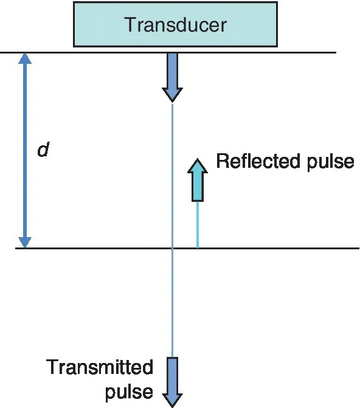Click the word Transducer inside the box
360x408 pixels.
pos(175,25)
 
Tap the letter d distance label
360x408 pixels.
pos(43,149)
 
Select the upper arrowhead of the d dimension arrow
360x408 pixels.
pos(24,59)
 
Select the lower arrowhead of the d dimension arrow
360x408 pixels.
pos(24,241)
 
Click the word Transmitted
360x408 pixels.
pos(100,368)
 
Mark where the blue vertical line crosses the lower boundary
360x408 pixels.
pos(173,248)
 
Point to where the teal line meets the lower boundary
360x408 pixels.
pos(197,248)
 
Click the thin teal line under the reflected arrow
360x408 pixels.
pos(197,224)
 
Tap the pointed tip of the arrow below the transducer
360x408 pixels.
pos(173,101)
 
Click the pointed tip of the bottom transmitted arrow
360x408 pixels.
pos(173,406)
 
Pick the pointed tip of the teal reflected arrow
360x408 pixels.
pos(197,159)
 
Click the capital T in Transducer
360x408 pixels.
pos(130,25)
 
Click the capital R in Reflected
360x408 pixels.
pos(223,162)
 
